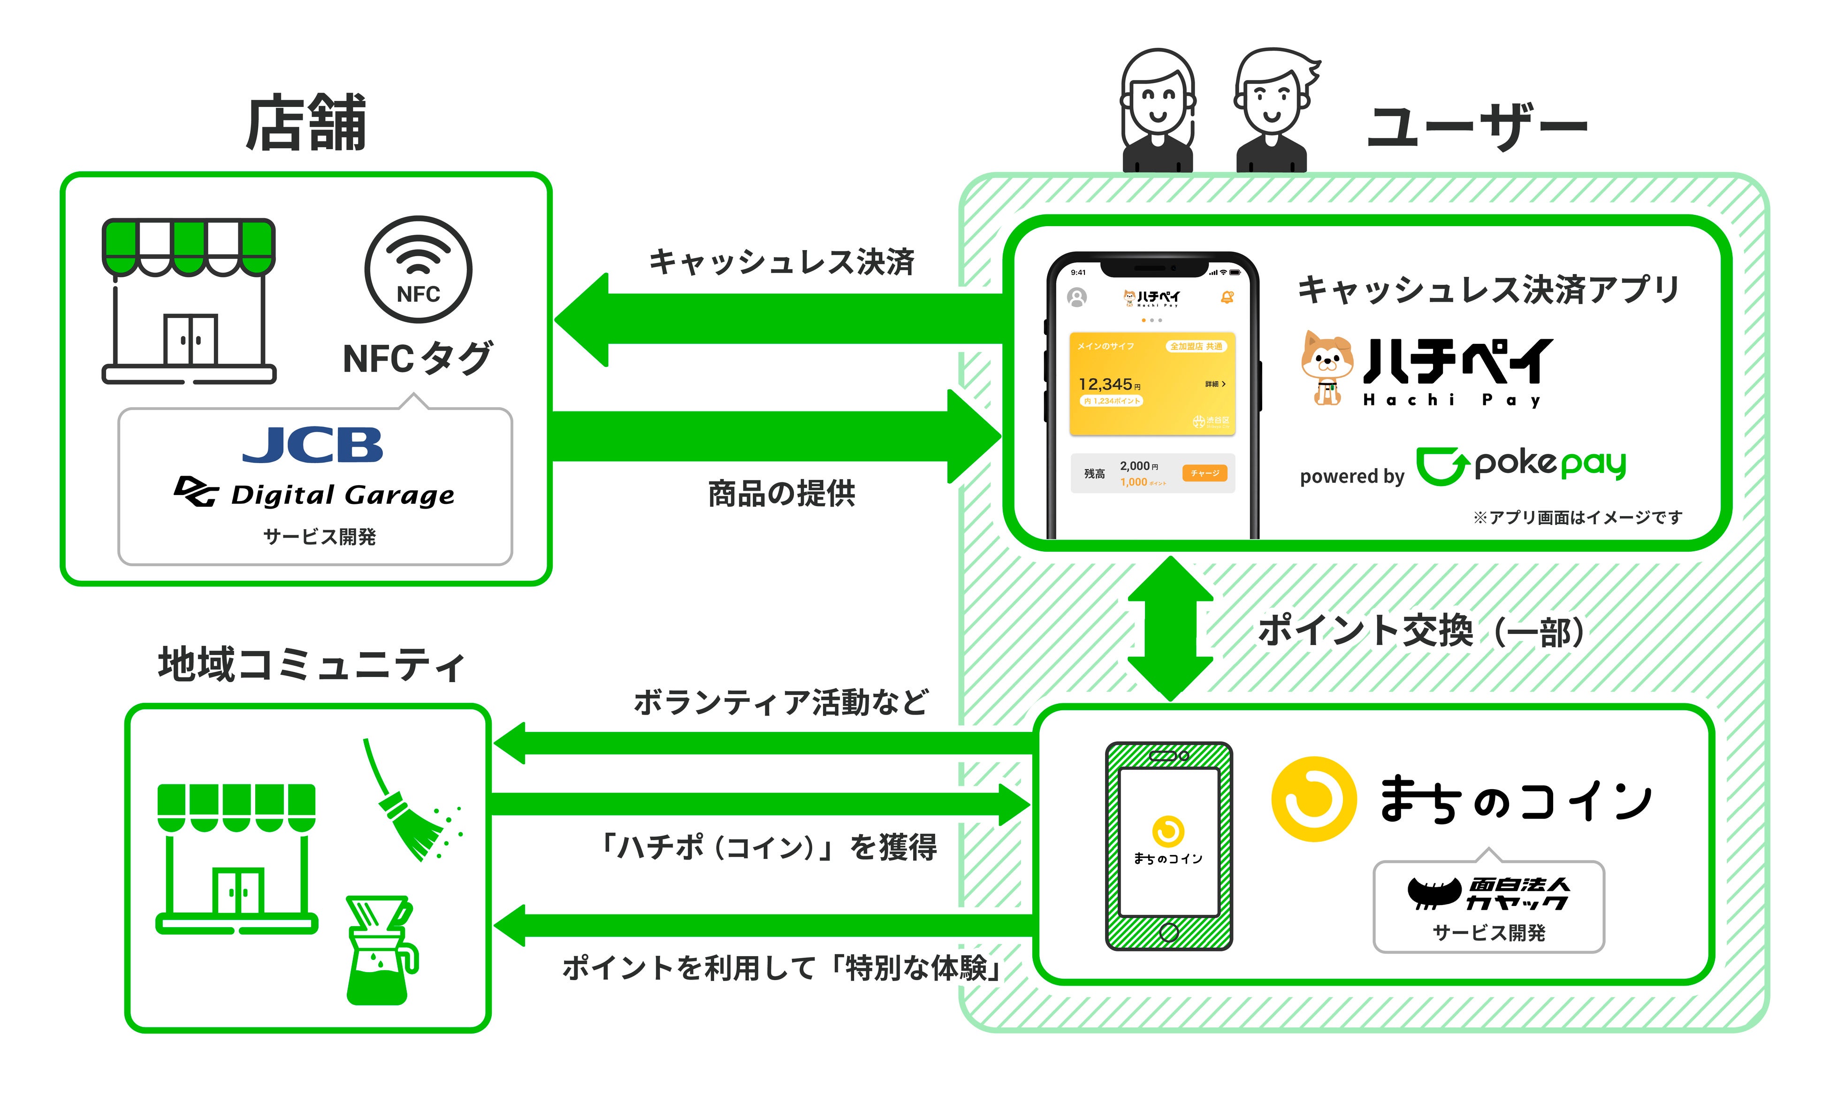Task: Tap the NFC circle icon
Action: click(418, 269)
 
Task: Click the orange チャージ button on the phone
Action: click(1205, 473)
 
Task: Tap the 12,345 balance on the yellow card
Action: click(1106, 384)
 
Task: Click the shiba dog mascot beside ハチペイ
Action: click(1327, 368)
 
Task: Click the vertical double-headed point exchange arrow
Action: click(1170, 628)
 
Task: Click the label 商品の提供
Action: click(781, 493)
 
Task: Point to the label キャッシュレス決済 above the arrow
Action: click(781, 261)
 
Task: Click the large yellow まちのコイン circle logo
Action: click(1314, 799)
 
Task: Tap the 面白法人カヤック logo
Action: click(1487, 893)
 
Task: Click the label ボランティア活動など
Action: click(781, 702)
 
